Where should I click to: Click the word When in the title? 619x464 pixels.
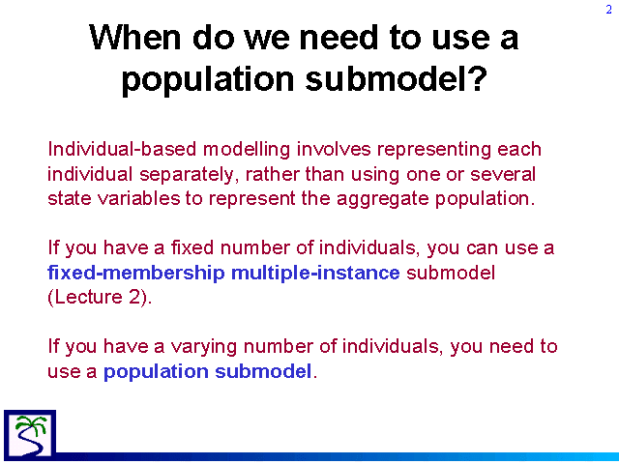pyautogui.click(x=134, y=37)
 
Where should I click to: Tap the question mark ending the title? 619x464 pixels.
pyautogui.click(x=478, y=77)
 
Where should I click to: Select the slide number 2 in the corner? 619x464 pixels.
pyautogui.click(x=609, y=10)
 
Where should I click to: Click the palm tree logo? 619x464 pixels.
pyautogui.click(x=30, y=435)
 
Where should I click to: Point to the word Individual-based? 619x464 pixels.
pyautogui.click(x=122, y=149)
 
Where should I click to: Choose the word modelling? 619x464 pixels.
pyautogui.click(x=247, y=150)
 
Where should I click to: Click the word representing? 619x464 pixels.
pyautogui.click(x=434, y=150)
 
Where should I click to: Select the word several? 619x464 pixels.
pyautogui.click(x=503, y=174)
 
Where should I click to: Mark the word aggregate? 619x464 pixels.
pyautogui.click(x=383, y=199)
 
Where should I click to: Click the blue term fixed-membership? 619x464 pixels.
pyautogui.click(x=135, y=273)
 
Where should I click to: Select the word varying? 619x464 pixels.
pyautogui.click(x=204, y=347)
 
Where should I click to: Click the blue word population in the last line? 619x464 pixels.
pyautogui.click(x=156, y=371)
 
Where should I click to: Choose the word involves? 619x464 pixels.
pyautogui.click(x=334, y=149)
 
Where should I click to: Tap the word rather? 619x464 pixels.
pyautogui.click(x=272, y=174)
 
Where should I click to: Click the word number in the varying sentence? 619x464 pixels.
pyautogui.click(x=278, y=346)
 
